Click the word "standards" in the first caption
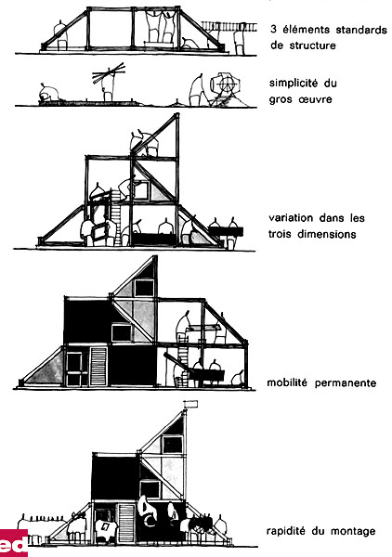click(361, 30)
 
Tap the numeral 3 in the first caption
click(273, 29)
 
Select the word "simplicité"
click(294, 84)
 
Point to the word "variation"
click(291, 217)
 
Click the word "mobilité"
click(287, 382)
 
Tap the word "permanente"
click(345, 383)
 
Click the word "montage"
click(353, 532)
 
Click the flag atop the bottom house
click(191, 404)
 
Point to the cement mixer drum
click(225, 84)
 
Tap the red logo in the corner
click(14, 542)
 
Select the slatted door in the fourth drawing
click(98, 367)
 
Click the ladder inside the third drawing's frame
click(116, 217)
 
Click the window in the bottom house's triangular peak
click(173, 445)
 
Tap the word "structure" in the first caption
click(312, 45)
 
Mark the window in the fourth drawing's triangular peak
click(145, 288)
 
